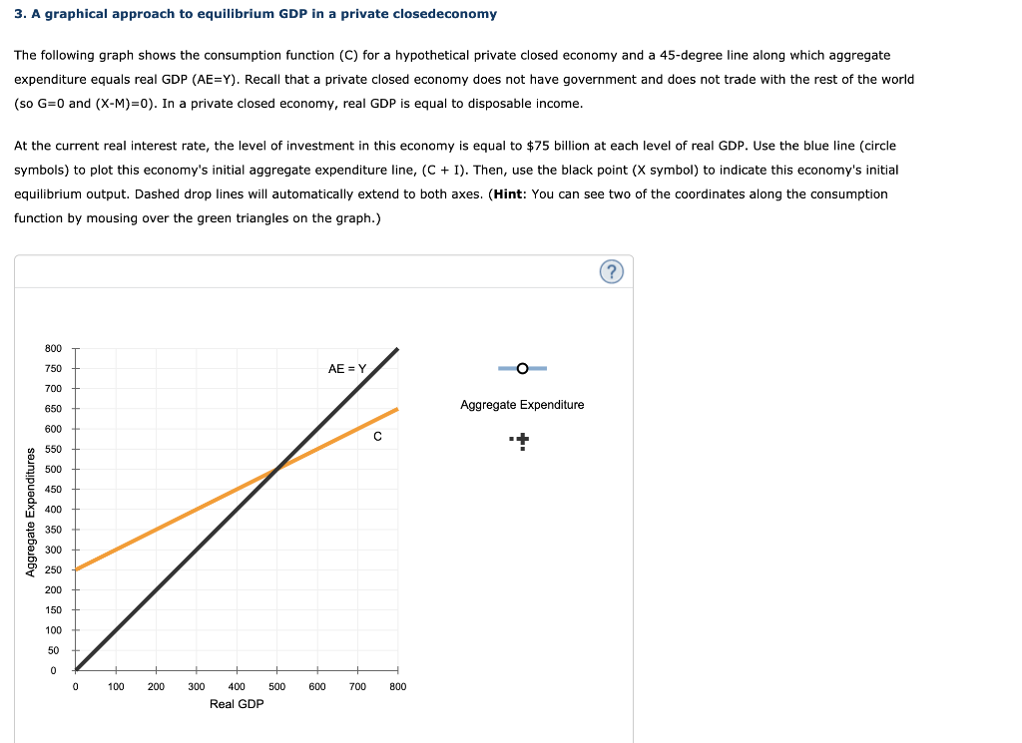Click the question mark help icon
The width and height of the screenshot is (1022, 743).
(612, 271)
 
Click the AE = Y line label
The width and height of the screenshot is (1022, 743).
(347, 369)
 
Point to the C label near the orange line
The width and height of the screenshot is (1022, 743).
(377, 436)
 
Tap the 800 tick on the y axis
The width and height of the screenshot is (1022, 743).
(54, 348)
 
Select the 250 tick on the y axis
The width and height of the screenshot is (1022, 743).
(54, 569)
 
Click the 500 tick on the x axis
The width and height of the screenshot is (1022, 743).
(277, 686)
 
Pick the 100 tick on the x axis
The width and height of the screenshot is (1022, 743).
(116, 686)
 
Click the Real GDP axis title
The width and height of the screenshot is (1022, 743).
(237, 704)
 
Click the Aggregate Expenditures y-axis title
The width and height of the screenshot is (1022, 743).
(30, 513)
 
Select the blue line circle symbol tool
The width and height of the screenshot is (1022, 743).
(522, 369)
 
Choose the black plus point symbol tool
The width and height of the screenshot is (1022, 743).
(521, 441)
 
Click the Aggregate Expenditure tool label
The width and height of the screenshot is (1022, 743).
(522, 404)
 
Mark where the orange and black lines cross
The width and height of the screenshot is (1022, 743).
(277, 469)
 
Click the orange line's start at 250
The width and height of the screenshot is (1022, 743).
(76, 569)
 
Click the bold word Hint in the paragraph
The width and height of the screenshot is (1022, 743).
(509, 194)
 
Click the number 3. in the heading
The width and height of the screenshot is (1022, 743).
(20, 14)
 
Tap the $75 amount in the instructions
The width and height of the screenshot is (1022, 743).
(538, 146)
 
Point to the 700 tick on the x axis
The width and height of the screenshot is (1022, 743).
(357, 686)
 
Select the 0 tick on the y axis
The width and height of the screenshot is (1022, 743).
(54, 671)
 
